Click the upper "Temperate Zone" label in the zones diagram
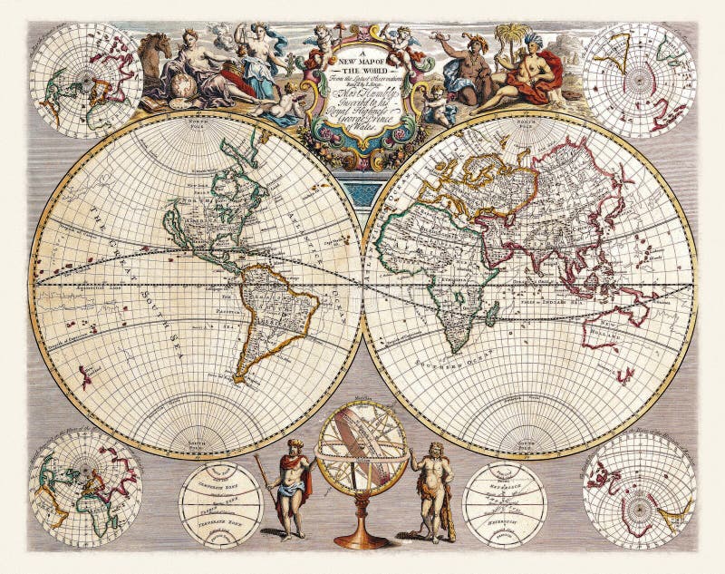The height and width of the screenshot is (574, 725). point(220,484)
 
